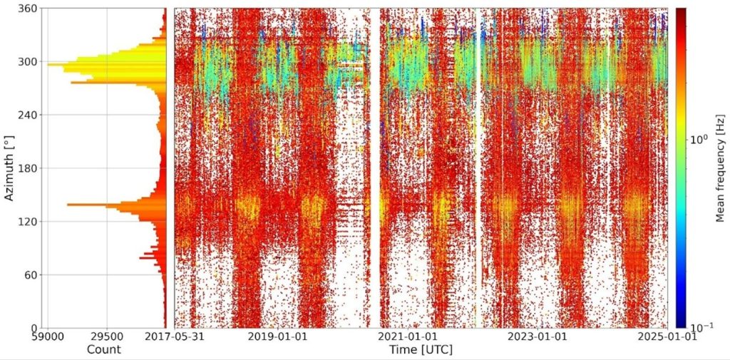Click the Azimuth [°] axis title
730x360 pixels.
pos(9,168)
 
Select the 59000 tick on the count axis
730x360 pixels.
pos(48,336)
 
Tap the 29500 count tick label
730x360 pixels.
pos(106,336)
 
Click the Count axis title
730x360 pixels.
pos(103,349)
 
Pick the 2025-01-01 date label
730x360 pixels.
pos(668,336)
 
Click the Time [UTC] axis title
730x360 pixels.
pos(421,349)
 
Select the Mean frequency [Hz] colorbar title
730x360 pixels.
pos(720,168)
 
